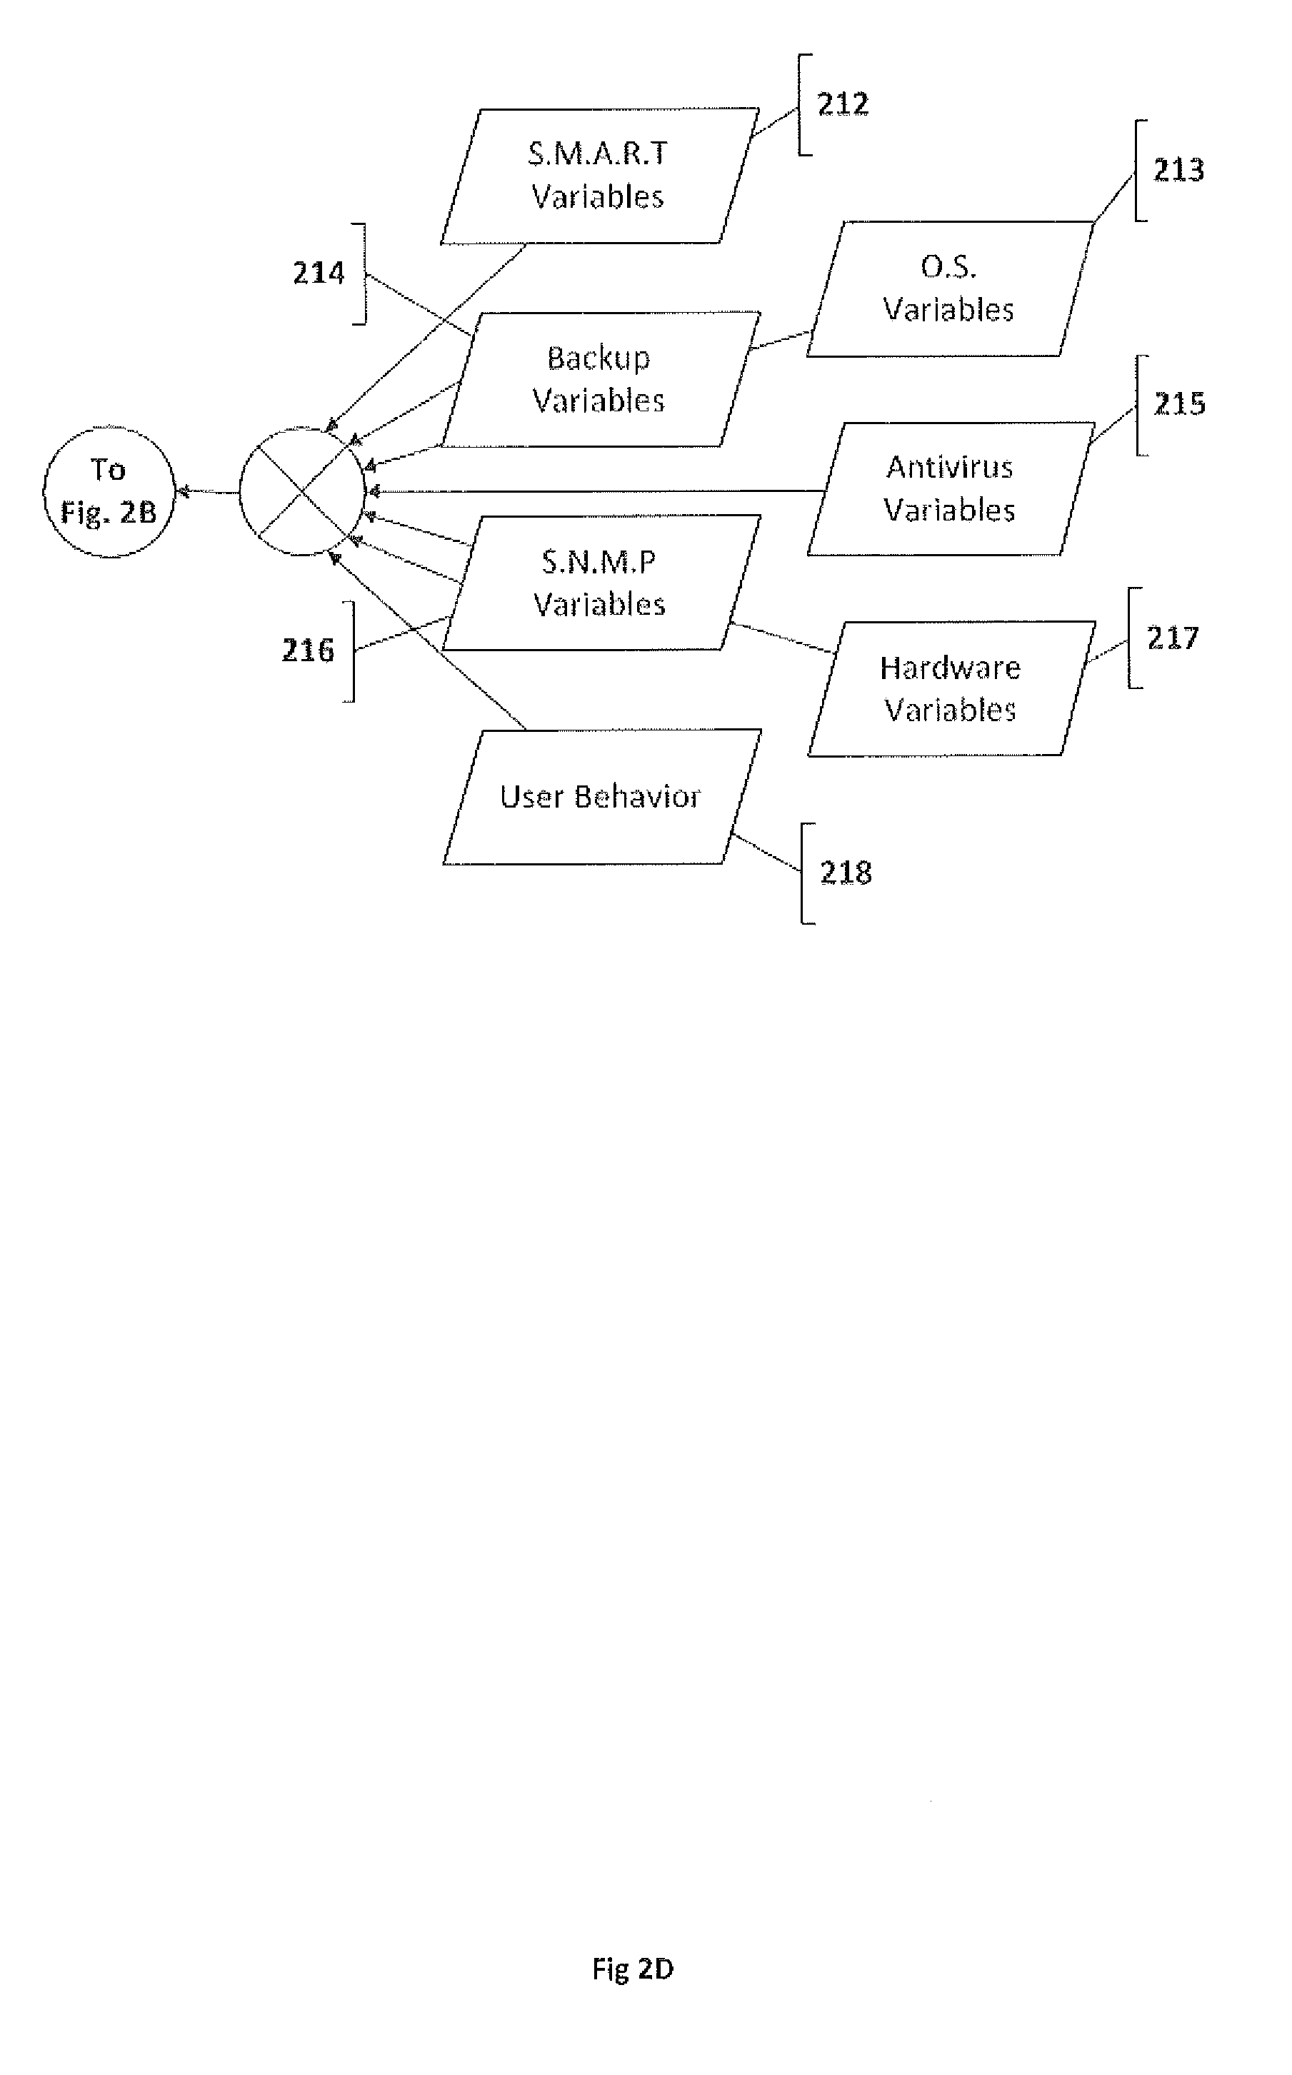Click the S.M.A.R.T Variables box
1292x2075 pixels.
click(x=599, y=175)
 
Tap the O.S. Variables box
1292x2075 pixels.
click(x=948, y=288)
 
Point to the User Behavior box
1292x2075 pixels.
click(x=600, y=796)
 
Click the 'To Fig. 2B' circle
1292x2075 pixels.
click(x=109, y=491)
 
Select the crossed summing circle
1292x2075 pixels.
click(x=301, y=492)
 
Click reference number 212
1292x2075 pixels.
click(x=843, y=104)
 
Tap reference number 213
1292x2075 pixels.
click(x=1178, y=171)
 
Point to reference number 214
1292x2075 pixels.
click(x=319, y=273)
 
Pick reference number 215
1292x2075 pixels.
click(x=1179, y=404)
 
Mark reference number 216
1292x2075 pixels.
click(x=308, y=651)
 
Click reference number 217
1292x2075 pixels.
click(x=1173, y=638)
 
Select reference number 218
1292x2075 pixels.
click(x=846, y=873)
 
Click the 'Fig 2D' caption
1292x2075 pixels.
click(x=632, y=1969)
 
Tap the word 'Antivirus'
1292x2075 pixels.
click(x=949, y=467)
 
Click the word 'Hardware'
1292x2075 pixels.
click(x=950, y=667)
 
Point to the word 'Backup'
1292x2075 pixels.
click(x=599, y=358)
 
